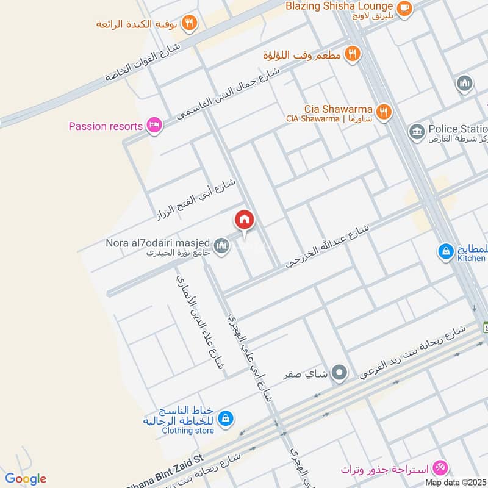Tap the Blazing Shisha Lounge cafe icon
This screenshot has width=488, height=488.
(x=404, y=8)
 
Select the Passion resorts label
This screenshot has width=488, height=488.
(x=106, y=127)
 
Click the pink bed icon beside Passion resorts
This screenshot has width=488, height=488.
(x=154, y=126)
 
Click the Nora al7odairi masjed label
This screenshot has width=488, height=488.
(x=158, y=243)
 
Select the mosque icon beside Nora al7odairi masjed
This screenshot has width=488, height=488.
(x=223, y=247)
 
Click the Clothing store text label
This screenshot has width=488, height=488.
(x=188, y=431)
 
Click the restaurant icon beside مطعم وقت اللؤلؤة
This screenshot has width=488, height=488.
(x=352, y=54)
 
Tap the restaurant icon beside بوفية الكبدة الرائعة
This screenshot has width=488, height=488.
(x=190, y=23)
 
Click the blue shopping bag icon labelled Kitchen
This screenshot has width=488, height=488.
(x=446, y=251)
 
